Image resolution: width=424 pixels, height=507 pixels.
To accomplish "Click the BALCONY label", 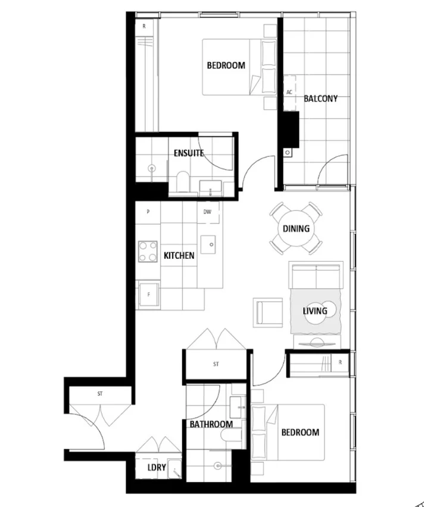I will [x=320, y=98].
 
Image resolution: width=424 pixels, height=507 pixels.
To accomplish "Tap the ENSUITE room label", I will [x=189, y=153].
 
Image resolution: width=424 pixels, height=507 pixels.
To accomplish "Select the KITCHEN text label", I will [x=179, y=255].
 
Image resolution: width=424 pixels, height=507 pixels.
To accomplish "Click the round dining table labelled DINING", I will [x=296, y=228].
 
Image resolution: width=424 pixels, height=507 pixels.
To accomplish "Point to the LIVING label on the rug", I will [x=314, y=311].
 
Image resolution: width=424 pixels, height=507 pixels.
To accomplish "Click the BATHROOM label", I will [x=211, y=424].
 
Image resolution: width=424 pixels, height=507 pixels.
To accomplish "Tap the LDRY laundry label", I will [x=157, y=468].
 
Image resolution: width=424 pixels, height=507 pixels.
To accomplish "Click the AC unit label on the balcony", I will [x=289, y=92].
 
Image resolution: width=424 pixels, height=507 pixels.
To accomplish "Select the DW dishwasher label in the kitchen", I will [x=207, y=212].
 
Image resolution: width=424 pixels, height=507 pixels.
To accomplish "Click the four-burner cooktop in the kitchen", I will [x=148, y=251].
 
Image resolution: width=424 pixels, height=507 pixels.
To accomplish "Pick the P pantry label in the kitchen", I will [x=147, y=212].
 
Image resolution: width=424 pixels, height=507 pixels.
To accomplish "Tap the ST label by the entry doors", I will [x=100, y=394].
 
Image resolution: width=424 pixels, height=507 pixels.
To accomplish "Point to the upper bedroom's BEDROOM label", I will [x=226, y=66].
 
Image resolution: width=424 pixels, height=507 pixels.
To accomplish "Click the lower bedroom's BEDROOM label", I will [x=300, y=432].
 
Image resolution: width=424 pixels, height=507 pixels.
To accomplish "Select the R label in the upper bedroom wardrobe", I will [x=144, y=26].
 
